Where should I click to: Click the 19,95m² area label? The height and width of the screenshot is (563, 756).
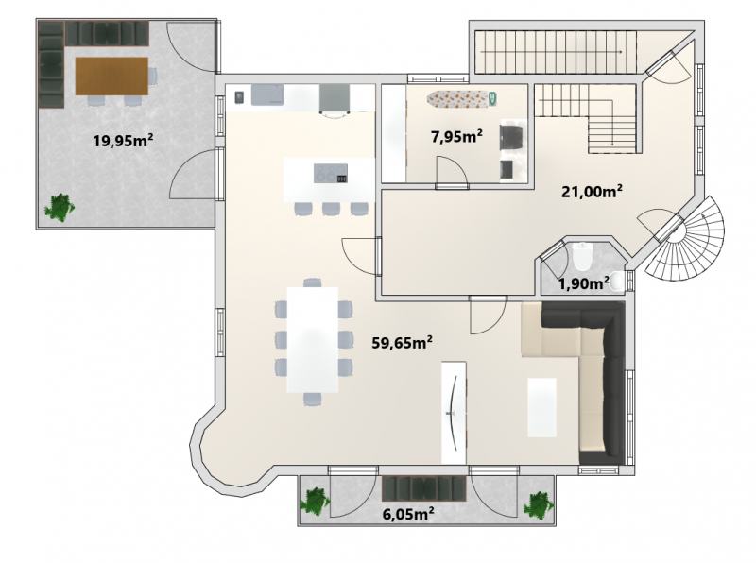124,141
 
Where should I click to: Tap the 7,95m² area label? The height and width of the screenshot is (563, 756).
456,136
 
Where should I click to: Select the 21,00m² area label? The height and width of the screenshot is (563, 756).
592,192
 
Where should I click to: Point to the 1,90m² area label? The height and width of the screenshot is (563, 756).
583,284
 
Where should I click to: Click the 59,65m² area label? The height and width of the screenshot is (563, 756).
403,343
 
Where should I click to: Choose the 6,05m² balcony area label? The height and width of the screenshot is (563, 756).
408,514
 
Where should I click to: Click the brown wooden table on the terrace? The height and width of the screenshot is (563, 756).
112,76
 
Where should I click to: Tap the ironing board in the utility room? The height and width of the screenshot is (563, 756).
461,98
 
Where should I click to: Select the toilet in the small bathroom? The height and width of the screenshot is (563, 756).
582,256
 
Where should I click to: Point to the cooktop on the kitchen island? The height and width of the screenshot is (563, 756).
330,174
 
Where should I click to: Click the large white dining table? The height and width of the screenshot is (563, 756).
313,340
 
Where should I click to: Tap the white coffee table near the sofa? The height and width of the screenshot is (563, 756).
541,407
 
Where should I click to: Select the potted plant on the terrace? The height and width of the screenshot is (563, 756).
60,208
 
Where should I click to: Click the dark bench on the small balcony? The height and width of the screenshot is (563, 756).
424,487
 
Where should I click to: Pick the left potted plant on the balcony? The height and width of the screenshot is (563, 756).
316,502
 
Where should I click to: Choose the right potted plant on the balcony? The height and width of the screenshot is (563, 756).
539,505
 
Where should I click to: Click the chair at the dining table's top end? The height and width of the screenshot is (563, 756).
313,282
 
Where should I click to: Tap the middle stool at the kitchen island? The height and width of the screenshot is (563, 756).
332,209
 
